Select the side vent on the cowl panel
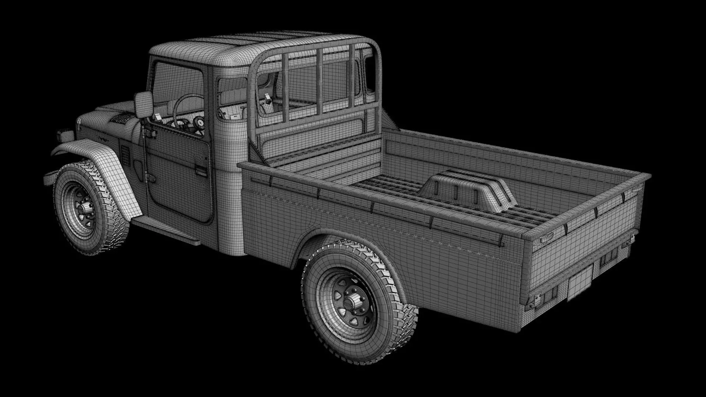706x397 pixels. (x=125, y=155)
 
